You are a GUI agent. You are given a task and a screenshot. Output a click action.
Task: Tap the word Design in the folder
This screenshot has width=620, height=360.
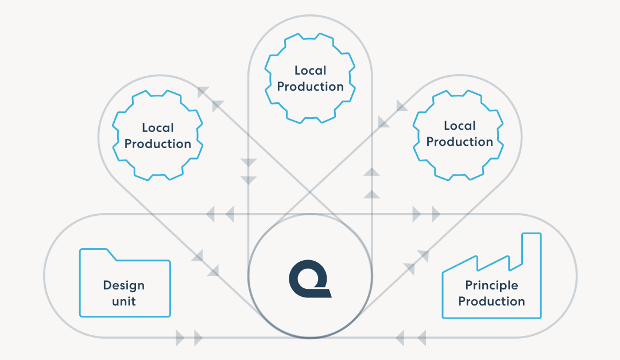(124, 285)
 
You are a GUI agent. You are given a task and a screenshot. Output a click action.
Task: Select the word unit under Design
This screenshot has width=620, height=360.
(124, 301)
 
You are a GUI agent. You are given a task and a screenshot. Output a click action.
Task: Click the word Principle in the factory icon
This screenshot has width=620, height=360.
(491, 285)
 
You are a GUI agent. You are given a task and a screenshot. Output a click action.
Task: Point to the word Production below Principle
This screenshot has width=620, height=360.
(491, 301)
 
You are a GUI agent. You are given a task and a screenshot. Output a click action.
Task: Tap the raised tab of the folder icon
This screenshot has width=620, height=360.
(94, 253)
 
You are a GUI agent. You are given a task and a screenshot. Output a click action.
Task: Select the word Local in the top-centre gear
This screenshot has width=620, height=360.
(310, 71)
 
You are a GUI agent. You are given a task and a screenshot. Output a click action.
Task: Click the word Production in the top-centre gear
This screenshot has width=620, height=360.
(310, 87)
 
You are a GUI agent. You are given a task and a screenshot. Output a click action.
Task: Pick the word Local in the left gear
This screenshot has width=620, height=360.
(157, 128)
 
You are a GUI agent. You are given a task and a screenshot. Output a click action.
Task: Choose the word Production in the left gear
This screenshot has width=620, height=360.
(157, 144)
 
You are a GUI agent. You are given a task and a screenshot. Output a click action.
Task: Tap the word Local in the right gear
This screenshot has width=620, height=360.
(460, 126)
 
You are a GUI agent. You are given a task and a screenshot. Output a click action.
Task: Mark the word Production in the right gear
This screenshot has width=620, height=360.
(460, 142)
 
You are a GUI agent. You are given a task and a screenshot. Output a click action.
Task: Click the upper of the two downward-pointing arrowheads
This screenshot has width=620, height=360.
(248, 162)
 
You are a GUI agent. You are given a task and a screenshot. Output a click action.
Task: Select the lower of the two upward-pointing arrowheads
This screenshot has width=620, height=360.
(372, 193)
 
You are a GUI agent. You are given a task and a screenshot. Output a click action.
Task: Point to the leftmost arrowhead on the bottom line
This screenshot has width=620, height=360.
(180, 338)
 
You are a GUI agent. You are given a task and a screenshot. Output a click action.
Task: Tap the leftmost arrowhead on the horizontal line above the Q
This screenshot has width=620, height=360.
(210, 214)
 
